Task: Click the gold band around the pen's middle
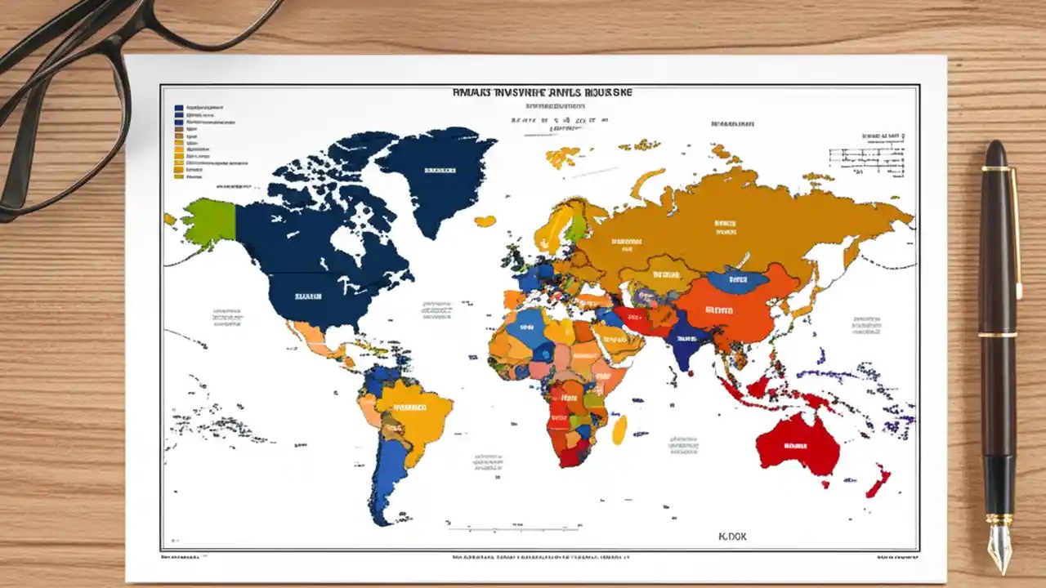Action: pyautogui.click(x=998, y=334)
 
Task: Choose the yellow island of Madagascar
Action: pyautogui.click(x=619, y=430)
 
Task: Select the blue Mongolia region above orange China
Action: pyautogui.click(x=737, y=280)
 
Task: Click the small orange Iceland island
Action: pyautogui.click(x=485, y=221)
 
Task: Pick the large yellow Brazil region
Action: pyautogui.click(x=413, y=412)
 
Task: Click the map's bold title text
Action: pyautogui.click(x=542, y=93)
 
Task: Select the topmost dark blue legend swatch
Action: pyautogui.click(x=178, y=107)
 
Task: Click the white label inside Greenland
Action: pyautogui.click(x=440, y=171)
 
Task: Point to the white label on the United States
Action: pyautogui.click(x=307, y=297)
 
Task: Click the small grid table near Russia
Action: pyautogui.click(x=869, y=157)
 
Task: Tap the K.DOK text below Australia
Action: pyautogui.click(x=732, y=537)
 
